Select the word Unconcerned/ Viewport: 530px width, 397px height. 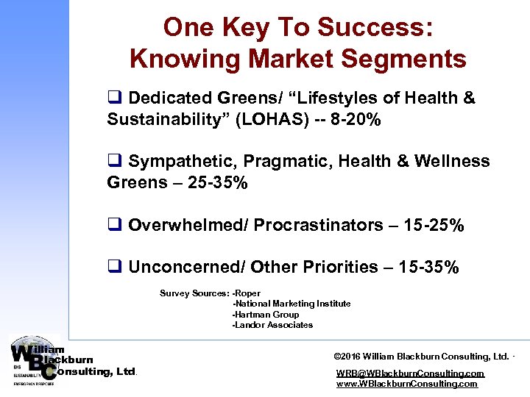pos(190,268)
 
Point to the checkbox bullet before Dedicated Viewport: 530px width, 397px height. pos(114,99)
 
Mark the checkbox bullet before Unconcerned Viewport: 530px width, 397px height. pos(114,268)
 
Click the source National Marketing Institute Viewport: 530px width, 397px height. pos(292,304)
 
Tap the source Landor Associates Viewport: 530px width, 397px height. pos(273,325)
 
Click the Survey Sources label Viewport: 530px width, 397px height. pos(194,293)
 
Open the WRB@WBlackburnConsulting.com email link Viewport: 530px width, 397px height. pos(410,373)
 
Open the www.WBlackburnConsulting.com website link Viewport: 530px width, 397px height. pos(406,384)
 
